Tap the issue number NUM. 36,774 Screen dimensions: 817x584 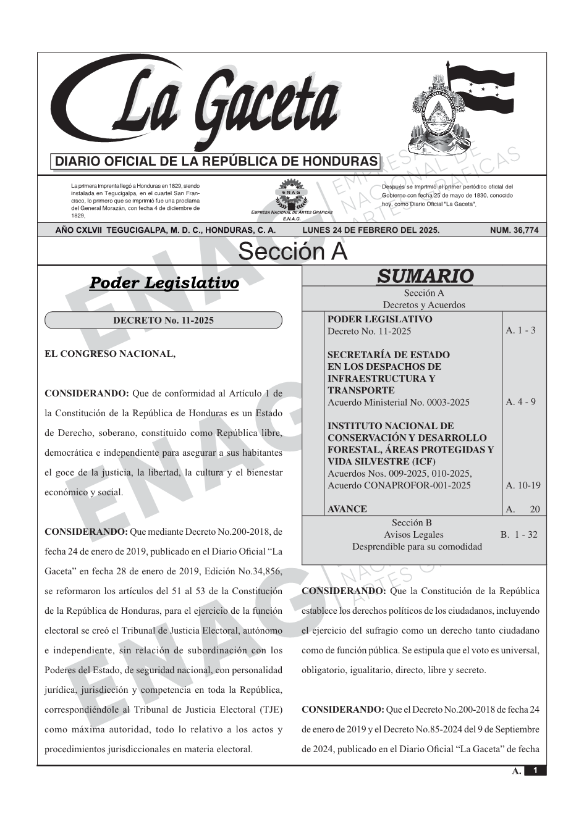tap(514, 230)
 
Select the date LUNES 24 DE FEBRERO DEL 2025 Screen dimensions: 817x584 tap(371, 230)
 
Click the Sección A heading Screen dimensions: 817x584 tap(292, 252)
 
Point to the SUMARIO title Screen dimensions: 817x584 tap(425, 276)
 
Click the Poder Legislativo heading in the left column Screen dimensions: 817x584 tap(164, 283)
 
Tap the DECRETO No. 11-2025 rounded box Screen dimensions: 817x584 tap(163, 320)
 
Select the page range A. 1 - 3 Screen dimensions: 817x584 tap(520, 330)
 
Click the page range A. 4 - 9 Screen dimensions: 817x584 tap(520, 402)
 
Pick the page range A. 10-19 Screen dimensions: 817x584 tap(523, 485)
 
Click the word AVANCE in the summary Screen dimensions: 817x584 tap(347, 509)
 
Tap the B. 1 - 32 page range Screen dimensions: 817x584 tap(518, 535)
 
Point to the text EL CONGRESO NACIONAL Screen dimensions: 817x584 tap(110, 354)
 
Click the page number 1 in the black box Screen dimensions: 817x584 tap(535, 771)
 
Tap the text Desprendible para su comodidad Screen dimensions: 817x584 tap(417, 547)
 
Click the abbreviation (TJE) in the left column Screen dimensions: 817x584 tap(268, 710)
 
